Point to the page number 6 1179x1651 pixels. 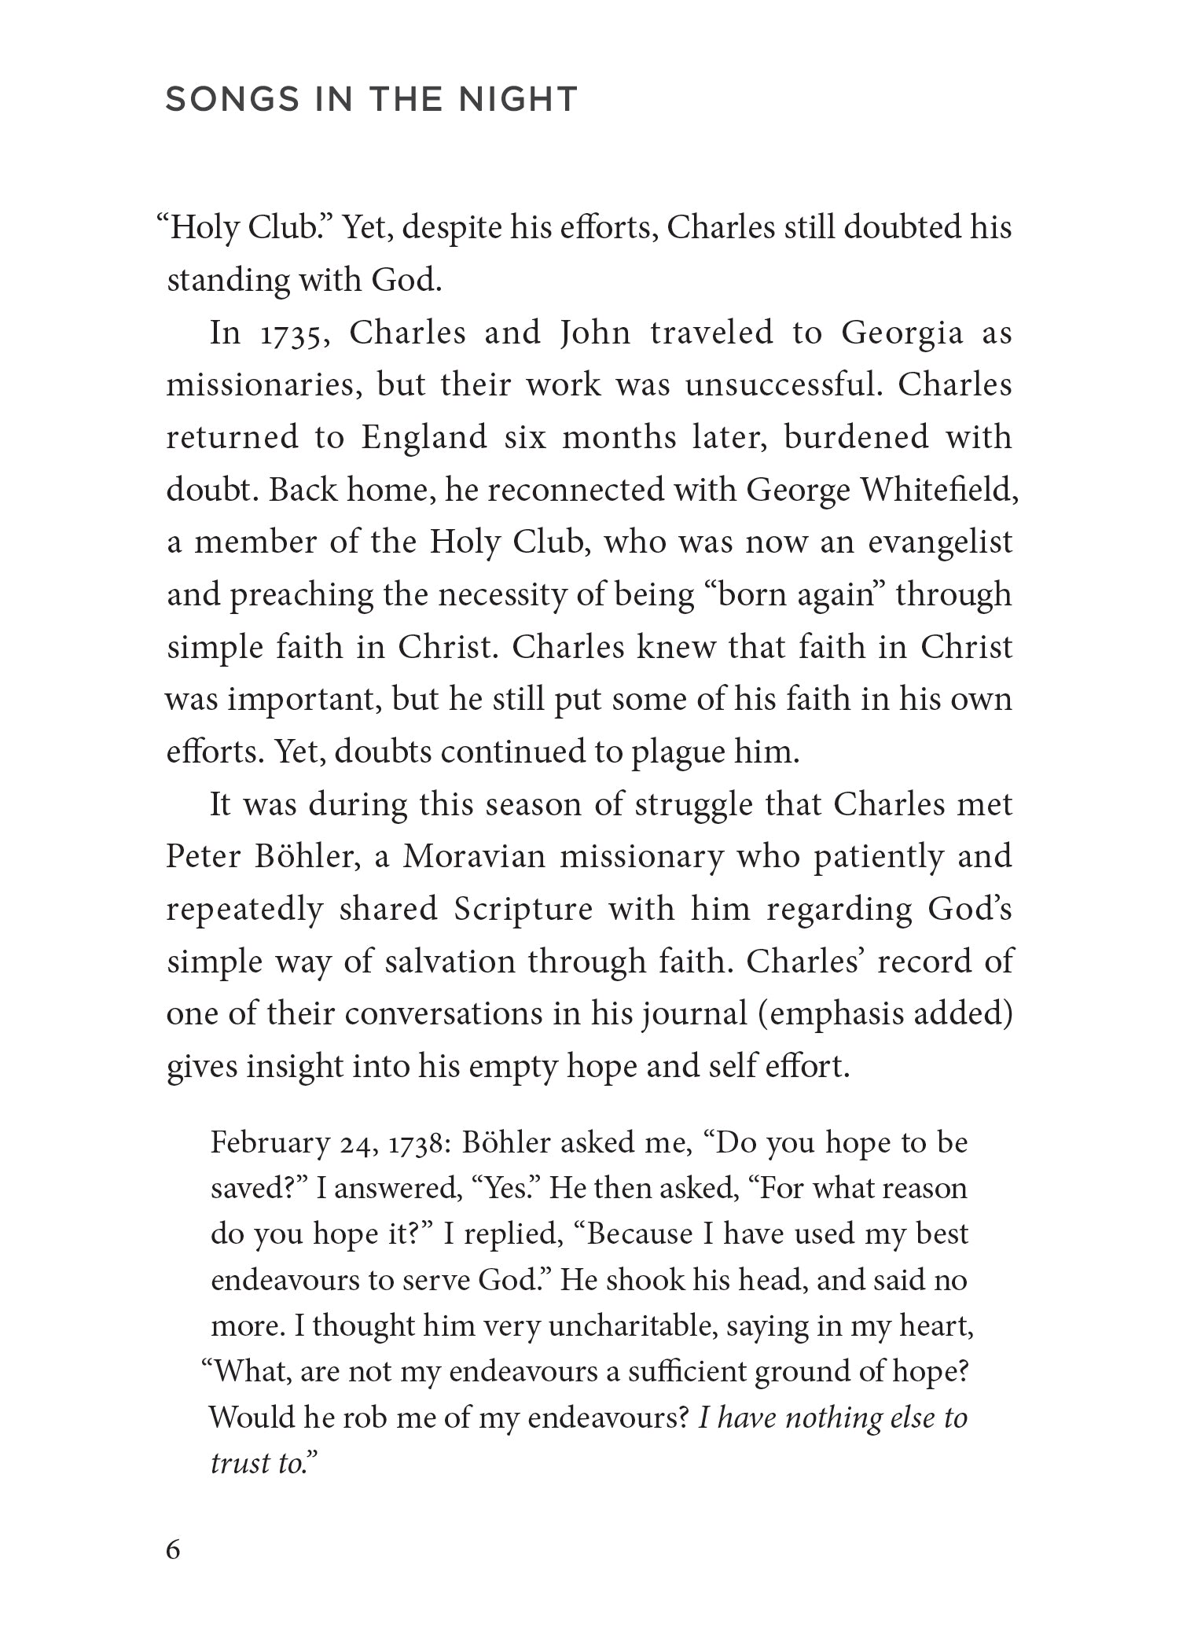pyautogui.click(x=173, y=1550)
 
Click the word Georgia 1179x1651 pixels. pyautogui.click(x=902, y=333)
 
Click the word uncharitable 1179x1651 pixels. pyautogui.click(x=631, y=1326)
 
